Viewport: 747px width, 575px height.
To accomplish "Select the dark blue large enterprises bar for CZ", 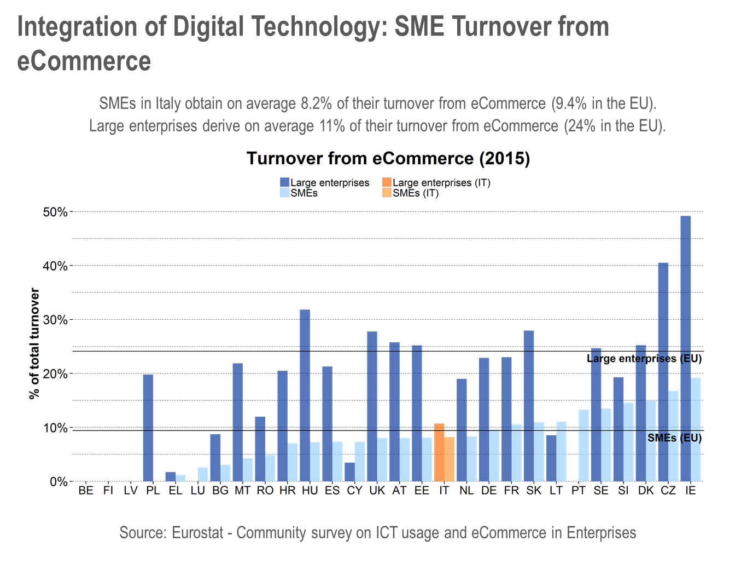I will pyautogui.click(x=663, y=372).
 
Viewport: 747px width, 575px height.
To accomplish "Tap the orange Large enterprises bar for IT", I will pyautogui.click(x=439, y=452).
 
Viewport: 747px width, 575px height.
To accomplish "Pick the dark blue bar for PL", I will pyautogui.click(x=148, y=428).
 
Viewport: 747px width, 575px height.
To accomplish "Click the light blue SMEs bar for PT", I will pyautogui.click(x=583, y=445).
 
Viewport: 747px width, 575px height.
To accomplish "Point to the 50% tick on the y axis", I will pyautogui.click(x=55, y=212).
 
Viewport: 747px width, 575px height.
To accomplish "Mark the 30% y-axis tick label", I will pyautogui.click(x=55, y=320).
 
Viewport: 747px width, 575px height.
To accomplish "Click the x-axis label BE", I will pyautogui.click(x=86, y=491).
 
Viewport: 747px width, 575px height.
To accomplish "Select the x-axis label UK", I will pyautogui.click(x=377, y=491).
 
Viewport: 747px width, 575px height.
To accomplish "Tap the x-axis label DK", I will pyautogui.click(x=646, y=491).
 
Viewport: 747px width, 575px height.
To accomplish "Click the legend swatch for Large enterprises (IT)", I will pyautogui.click(x=387, y=182).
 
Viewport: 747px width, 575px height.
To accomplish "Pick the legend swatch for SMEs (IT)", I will pyautogui.click(x=387, y=193).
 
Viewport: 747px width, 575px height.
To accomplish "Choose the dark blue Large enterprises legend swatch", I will pyautogui.click(x=284, y=182).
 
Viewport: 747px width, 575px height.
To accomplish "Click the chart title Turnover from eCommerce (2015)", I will pyautogui.click(x=388, y=159).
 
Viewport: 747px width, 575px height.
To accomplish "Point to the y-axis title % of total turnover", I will pyautogui.click(x=34, y=343).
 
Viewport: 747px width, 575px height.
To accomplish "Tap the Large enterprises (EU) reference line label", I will pyautogui.click(x=644, y=359).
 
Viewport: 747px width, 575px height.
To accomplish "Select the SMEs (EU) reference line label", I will pyautogui.click(x=674, y=438).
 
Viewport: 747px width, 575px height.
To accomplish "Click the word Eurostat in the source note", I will pyautogui.click(x=197, y=533).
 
